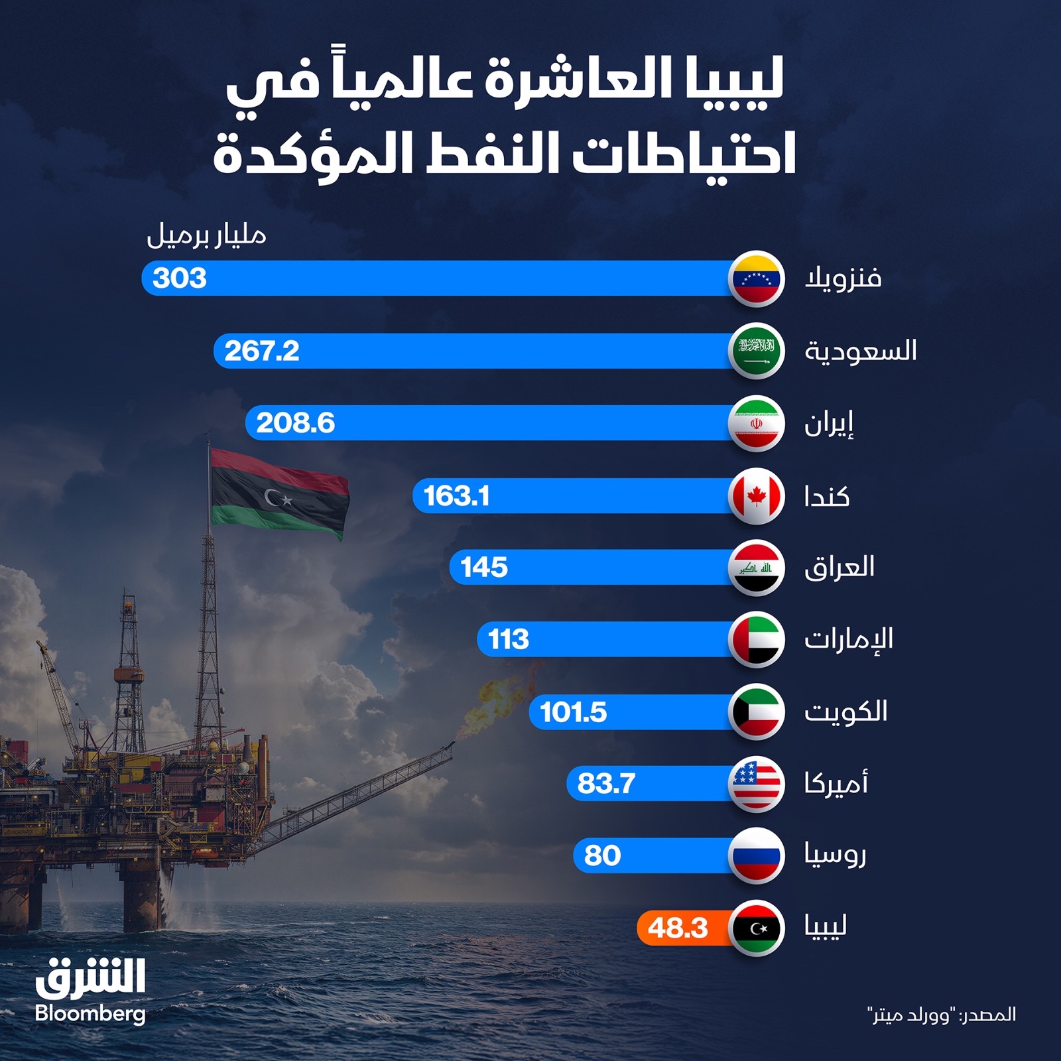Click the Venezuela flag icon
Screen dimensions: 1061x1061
(757, 279)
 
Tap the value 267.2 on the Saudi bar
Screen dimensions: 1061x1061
(262, 351)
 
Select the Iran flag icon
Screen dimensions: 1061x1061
(757, 424)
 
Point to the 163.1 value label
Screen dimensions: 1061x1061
(456, 496)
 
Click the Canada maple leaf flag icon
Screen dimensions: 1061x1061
(757, 496)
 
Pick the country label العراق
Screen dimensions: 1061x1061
(840, 568)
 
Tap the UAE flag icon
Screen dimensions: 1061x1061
(757, 640)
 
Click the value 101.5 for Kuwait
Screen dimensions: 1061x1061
(574, 713)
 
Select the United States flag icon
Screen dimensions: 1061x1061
(757, 784)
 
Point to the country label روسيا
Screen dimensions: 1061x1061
(836, 855)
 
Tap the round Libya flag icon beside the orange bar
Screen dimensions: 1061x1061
(757, 928)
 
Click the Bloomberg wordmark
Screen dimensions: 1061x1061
(90, 1014)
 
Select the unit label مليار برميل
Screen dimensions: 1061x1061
(206, 236)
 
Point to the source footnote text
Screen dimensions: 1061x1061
(942, 1015)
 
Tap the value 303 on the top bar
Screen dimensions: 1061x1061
(180, 279)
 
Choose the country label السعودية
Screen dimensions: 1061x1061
(861, 351)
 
